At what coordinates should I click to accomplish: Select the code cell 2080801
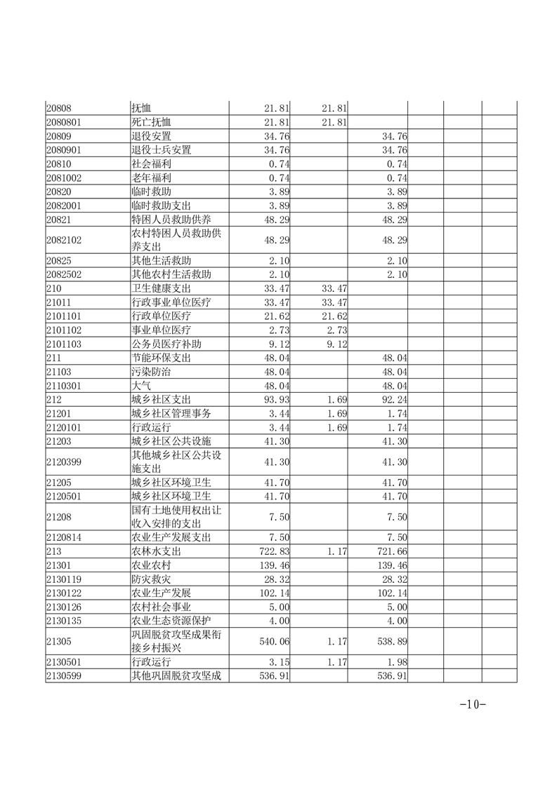(64, 122)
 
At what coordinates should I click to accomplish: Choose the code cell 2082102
(64, 240)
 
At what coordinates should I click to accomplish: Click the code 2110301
(64, 385)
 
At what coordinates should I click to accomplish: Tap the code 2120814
(64, 537)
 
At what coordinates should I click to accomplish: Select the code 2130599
(64, 676)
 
